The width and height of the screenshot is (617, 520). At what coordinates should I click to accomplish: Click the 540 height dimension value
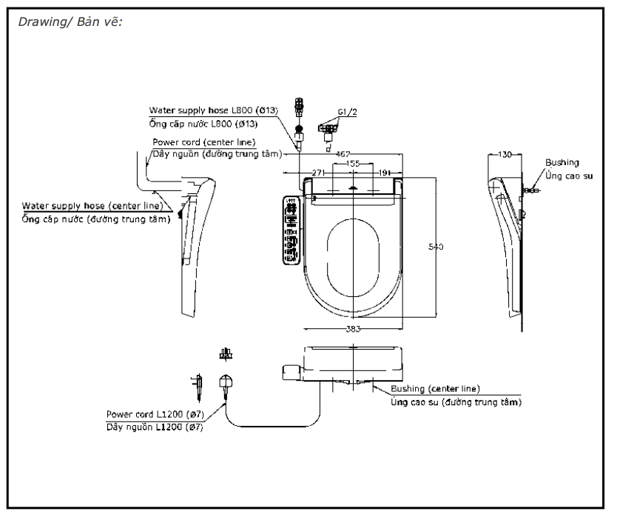point(436,247)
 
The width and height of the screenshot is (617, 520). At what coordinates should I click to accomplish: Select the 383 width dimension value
point(352,328)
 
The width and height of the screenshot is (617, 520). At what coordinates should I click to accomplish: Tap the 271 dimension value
point(319,172)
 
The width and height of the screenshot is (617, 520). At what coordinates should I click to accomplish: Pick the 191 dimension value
point(385,172)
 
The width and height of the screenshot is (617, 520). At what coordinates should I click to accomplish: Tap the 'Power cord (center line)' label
point(203,141)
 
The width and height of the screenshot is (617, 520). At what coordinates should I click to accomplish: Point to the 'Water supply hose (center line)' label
point(92,205)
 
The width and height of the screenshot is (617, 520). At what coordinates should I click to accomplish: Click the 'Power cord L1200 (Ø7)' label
point(155,413)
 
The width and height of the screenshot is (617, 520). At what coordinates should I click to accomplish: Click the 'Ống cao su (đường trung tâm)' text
point(456,401)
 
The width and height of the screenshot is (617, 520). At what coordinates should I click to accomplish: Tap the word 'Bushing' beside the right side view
point(562,162)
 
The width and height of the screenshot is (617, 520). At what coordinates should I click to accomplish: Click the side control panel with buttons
point(291,230)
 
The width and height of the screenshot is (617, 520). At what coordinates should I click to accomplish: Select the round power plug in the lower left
point(223,384)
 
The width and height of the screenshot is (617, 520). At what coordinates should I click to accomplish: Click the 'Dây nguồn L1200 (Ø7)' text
point(155,427)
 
